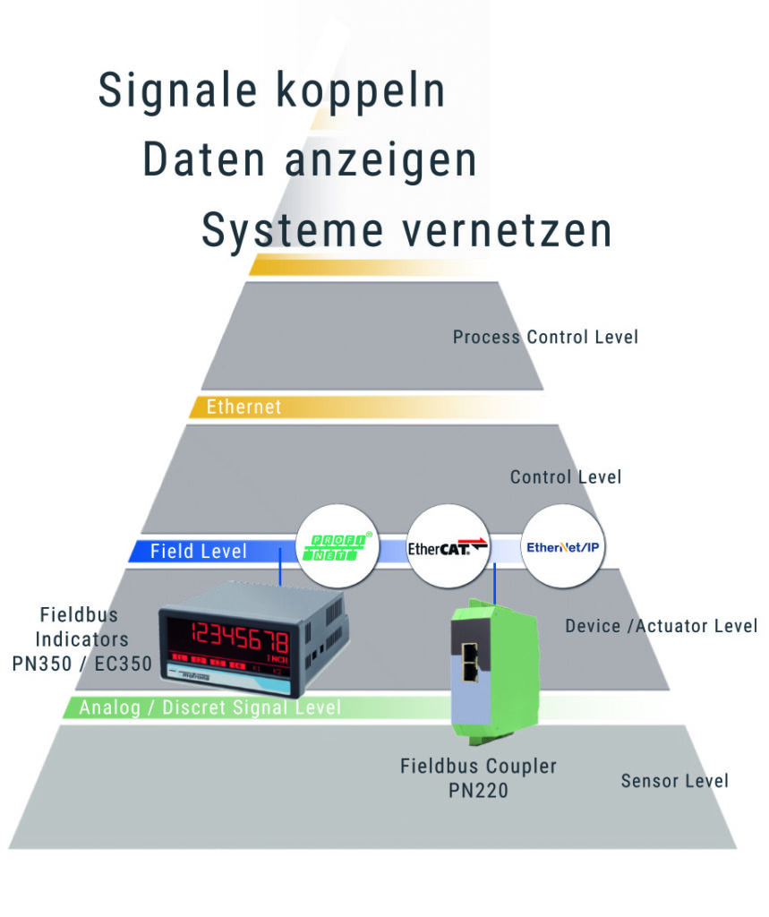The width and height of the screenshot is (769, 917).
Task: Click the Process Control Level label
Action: pyautogui.click(x=545, y=338)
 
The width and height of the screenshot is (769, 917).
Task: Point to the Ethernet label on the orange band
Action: pyautogui.click(x=244, y=407)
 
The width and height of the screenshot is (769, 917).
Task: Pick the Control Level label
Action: pyautogui.click(x=566, y=476)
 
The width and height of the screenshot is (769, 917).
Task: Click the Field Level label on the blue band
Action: pyautogui.click(x=199, y=551)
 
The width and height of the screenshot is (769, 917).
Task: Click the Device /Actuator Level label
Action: pyautogui.click(x=661, y=626)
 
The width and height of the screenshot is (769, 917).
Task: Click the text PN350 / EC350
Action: pyautogui.click(x=82, y=665)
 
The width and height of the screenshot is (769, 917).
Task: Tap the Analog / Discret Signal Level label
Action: pyautogui.click(x=210, y=708)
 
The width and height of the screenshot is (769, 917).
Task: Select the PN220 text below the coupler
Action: pyautogui.click(x=478, y=792)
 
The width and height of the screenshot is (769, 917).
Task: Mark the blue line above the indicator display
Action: pyautogui.click(x=281, y=570)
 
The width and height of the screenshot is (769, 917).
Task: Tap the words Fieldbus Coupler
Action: pyautogui.click(x=478, y=767)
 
